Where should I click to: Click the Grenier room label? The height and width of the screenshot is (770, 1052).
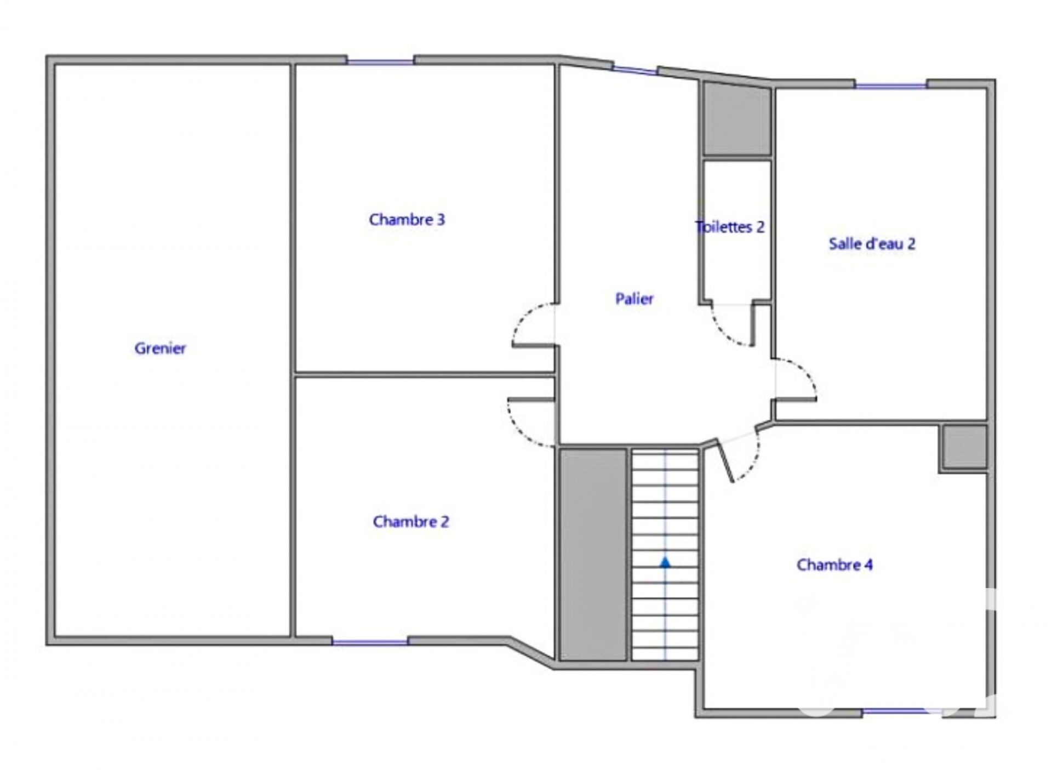[160, 348]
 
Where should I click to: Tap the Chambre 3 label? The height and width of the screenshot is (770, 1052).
[407, 220]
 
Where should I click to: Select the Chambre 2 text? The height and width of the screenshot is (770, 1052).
[410, 521]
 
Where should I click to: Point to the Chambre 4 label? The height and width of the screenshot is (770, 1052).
[834, 564]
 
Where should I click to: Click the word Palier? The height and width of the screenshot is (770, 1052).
[634, 299]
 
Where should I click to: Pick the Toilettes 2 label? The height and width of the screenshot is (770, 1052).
[730, 227]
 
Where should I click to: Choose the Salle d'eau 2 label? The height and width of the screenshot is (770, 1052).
[872, 243]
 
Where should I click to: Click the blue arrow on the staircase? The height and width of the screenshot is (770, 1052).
[665, 562]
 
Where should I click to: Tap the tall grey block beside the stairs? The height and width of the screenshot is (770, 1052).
[593, 555]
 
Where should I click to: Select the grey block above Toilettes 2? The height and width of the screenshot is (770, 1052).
[737, 119]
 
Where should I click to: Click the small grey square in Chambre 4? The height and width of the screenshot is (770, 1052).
[964, 447]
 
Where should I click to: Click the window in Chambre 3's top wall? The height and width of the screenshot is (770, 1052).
[380, 62]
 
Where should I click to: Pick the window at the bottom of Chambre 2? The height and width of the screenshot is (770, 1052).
[370, 642]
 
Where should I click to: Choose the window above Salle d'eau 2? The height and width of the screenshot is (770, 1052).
[891, 85]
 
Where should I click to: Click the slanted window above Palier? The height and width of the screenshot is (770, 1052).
[634, 70]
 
